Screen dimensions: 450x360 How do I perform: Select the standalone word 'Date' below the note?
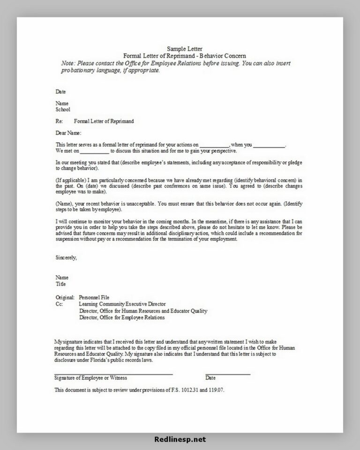(x=60, y=91)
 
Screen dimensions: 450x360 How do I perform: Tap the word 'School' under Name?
(x=63, y=110)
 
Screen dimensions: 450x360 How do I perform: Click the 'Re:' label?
(x=59, y=121)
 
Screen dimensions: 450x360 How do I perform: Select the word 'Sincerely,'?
(x=66, y=257)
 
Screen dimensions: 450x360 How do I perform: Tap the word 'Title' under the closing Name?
(x=60, y=284)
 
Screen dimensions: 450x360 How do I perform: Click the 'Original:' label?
(x=65, y=297)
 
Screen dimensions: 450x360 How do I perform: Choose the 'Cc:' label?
(x=59, y=304)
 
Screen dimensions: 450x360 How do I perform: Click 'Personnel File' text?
(x=95, y=297)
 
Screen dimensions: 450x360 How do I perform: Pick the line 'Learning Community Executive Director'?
(x=122, y=304)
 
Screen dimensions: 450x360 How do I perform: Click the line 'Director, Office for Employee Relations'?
(x=122, y=317)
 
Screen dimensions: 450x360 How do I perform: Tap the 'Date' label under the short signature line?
(x=210, y=378)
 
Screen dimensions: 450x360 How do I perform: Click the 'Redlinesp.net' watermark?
(x=180, y=440)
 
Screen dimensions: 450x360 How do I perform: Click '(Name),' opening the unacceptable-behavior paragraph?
(x=64, y=204)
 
